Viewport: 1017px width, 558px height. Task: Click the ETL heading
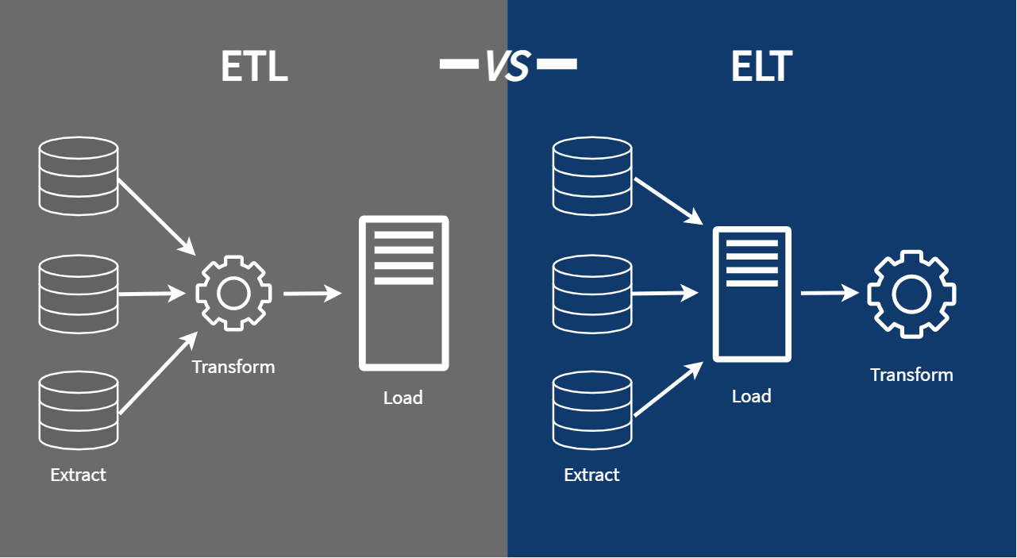click(x=254, y=67)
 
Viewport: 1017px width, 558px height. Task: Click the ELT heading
click(x=761, y=67)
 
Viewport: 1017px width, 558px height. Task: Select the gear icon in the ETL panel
click(x=233, y=293)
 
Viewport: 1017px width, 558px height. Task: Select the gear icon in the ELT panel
click(x=911, y=294)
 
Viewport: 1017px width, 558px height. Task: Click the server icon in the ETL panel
click(x=403, y=293)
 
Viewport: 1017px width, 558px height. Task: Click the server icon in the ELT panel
click(x=751, y=294)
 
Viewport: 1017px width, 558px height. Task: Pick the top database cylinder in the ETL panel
click(x=79, y=175)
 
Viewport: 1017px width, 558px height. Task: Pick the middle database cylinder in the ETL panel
click(x=79, y=293)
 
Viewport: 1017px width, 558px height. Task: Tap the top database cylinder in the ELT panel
click(x=592, y=175)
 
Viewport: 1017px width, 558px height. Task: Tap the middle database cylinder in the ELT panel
click(x=592, y=293)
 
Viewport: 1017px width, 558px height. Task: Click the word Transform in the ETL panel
click(x=233, y=367)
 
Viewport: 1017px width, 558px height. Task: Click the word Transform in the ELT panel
click(x=911, y=375)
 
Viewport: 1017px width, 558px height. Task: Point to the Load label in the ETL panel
click(x=403, y=397)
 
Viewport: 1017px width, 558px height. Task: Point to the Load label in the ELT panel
click(x=751, y=395)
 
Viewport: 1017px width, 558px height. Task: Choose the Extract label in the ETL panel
click(x=78, y=475)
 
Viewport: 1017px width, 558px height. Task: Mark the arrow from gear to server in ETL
click(x=312, y=294)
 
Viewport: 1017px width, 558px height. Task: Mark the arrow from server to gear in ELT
click(x=829, y=294)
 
